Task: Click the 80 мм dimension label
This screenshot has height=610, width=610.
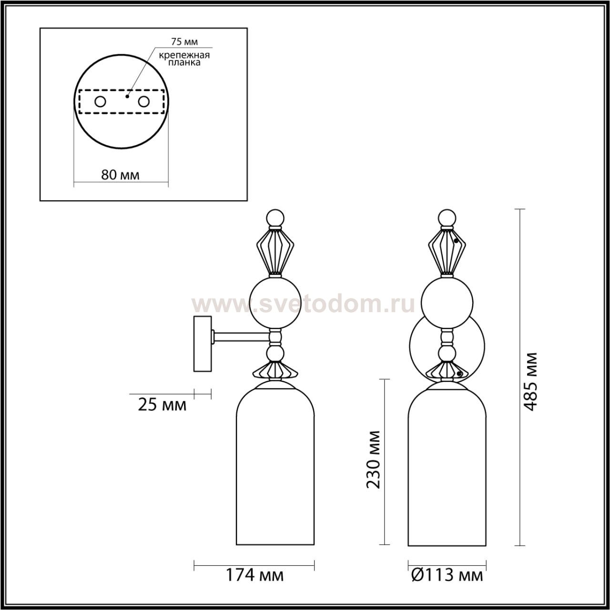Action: click(x=120, y=175)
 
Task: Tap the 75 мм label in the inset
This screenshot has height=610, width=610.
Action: click(x=184, y=41)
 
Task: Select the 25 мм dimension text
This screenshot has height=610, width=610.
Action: click(x=162, y=405)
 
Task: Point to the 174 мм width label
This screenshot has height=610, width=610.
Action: click(x=254, y=575)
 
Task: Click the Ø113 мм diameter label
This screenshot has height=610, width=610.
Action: click(x=447, y=575)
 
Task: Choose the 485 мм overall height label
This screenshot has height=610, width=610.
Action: click(x=530, y=381)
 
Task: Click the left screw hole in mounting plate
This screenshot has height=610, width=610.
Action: click(x=101, y=102)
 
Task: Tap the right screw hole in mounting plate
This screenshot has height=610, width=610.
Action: click(x=144, y=102)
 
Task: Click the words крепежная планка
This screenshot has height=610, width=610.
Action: click(x=184, y=59)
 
